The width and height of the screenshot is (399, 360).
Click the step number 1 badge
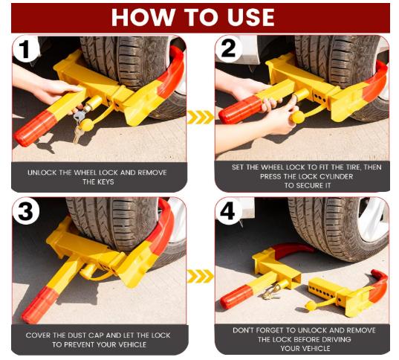[25, 50]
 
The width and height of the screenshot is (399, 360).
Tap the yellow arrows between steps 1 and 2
[200, 117]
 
